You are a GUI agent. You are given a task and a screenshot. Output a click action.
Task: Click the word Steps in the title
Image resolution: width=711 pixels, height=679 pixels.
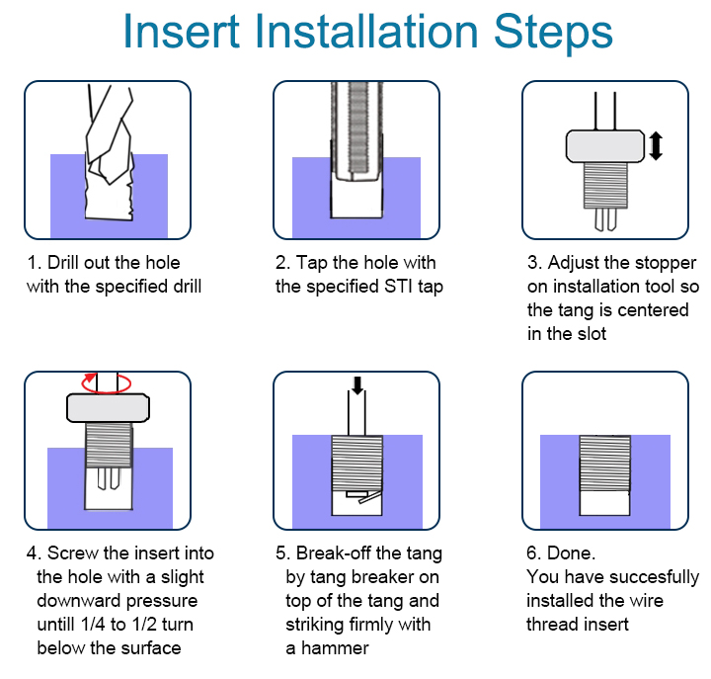(x=553, y=32)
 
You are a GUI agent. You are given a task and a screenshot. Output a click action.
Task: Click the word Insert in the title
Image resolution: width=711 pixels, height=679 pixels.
(x=182, y=31)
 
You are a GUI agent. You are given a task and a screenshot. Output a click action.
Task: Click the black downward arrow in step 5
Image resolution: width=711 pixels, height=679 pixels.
(x=357, y=385)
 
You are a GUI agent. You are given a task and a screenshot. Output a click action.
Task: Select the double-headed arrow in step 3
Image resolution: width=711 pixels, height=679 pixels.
(x=656, y=145)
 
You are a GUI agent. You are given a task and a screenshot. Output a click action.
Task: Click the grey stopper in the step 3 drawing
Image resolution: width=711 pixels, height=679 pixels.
(x=605, y=146)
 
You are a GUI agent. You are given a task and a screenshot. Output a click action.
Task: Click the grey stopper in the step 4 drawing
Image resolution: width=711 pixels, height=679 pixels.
(x=108, y=407)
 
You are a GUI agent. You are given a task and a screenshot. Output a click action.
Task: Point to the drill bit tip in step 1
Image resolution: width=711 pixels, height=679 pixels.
(x=109, y=183)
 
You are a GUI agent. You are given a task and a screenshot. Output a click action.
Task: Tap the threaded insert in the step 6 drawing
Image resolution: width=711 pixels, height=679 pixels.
(x=605, y=464)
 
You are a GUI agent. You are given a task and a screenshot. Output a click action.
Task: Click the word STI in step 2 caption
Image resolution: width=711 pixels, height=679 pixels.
(x=399, y=287)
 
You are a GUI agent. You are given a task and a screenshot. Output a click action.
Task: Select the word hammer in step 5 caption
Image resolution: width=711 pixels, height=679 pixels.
(x=335, y=647)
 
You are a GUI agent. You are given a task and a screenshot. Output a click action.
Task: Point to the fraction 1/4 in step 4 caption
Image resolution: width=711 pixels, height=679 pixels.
(x=93, y=624)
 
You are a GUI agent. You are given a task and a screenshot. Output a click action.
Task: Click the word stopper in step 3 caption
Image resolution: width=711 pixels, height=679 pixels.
(x=666, y=263)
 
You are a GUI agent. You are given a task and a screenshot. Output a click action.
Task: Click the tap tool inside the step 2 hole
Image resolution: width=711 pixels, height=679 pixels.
(x=356, y=131)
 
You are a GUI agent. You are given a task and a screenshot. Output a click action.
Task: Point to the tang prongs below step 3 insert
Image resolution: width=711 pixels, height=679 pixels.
(x=605, y=219)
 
